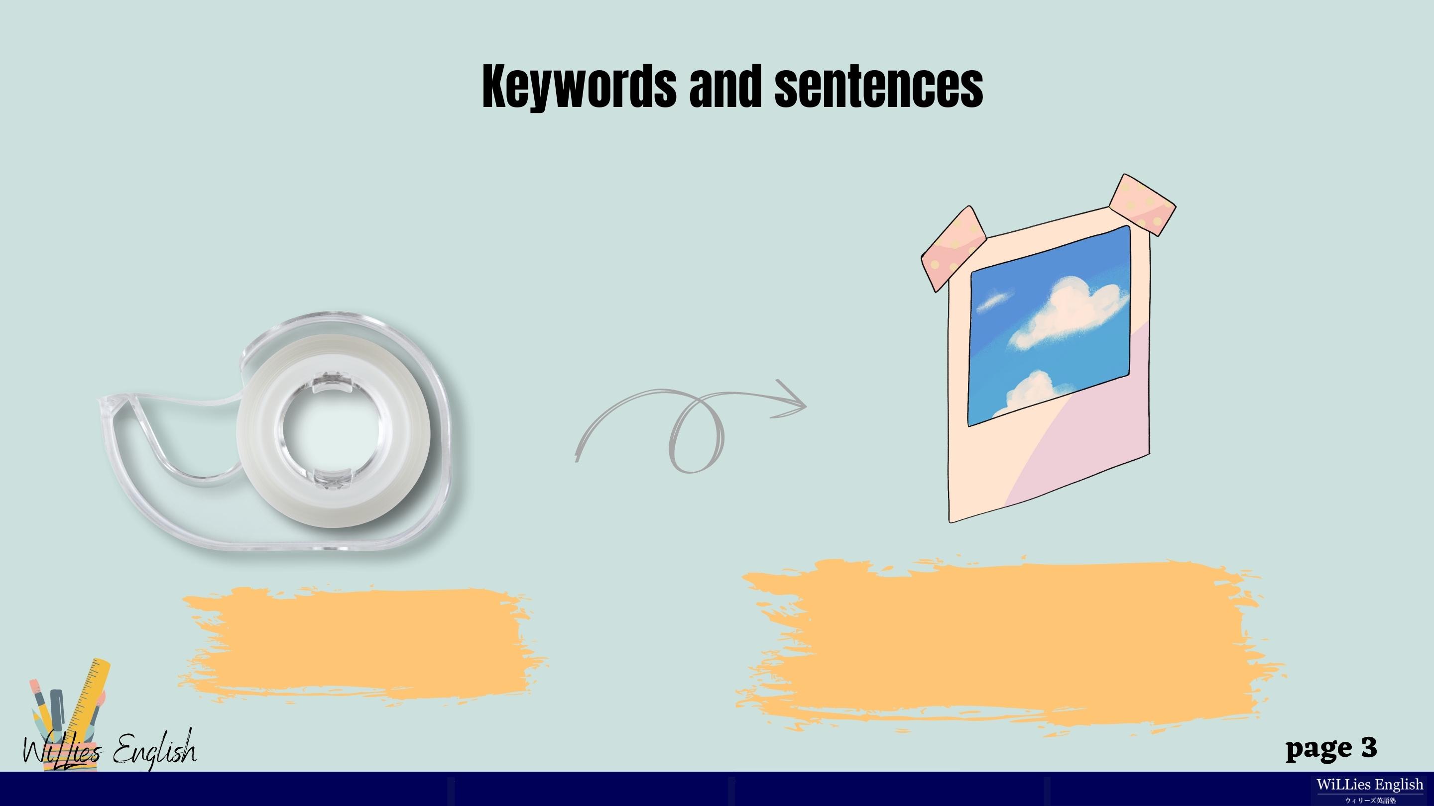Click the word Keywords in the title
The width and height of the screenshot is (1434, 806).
[x=579, y=87]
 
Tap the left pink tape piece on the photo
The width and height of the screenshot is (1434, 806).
[x=953, y=249]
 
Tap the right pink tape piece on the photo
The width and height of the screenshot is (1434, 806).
[x=1142, y=204]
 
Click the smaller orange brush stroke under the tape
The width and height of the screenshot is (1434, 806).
[x=362, y=645]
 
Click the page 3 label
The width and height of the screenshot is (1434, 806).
[x=1331, y=749]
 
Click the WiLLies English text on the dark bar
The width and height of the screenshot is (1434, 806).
[x=1370, y=785]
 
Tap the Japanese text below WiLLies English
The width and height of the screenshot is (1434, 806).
[x=1370, y=801]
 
